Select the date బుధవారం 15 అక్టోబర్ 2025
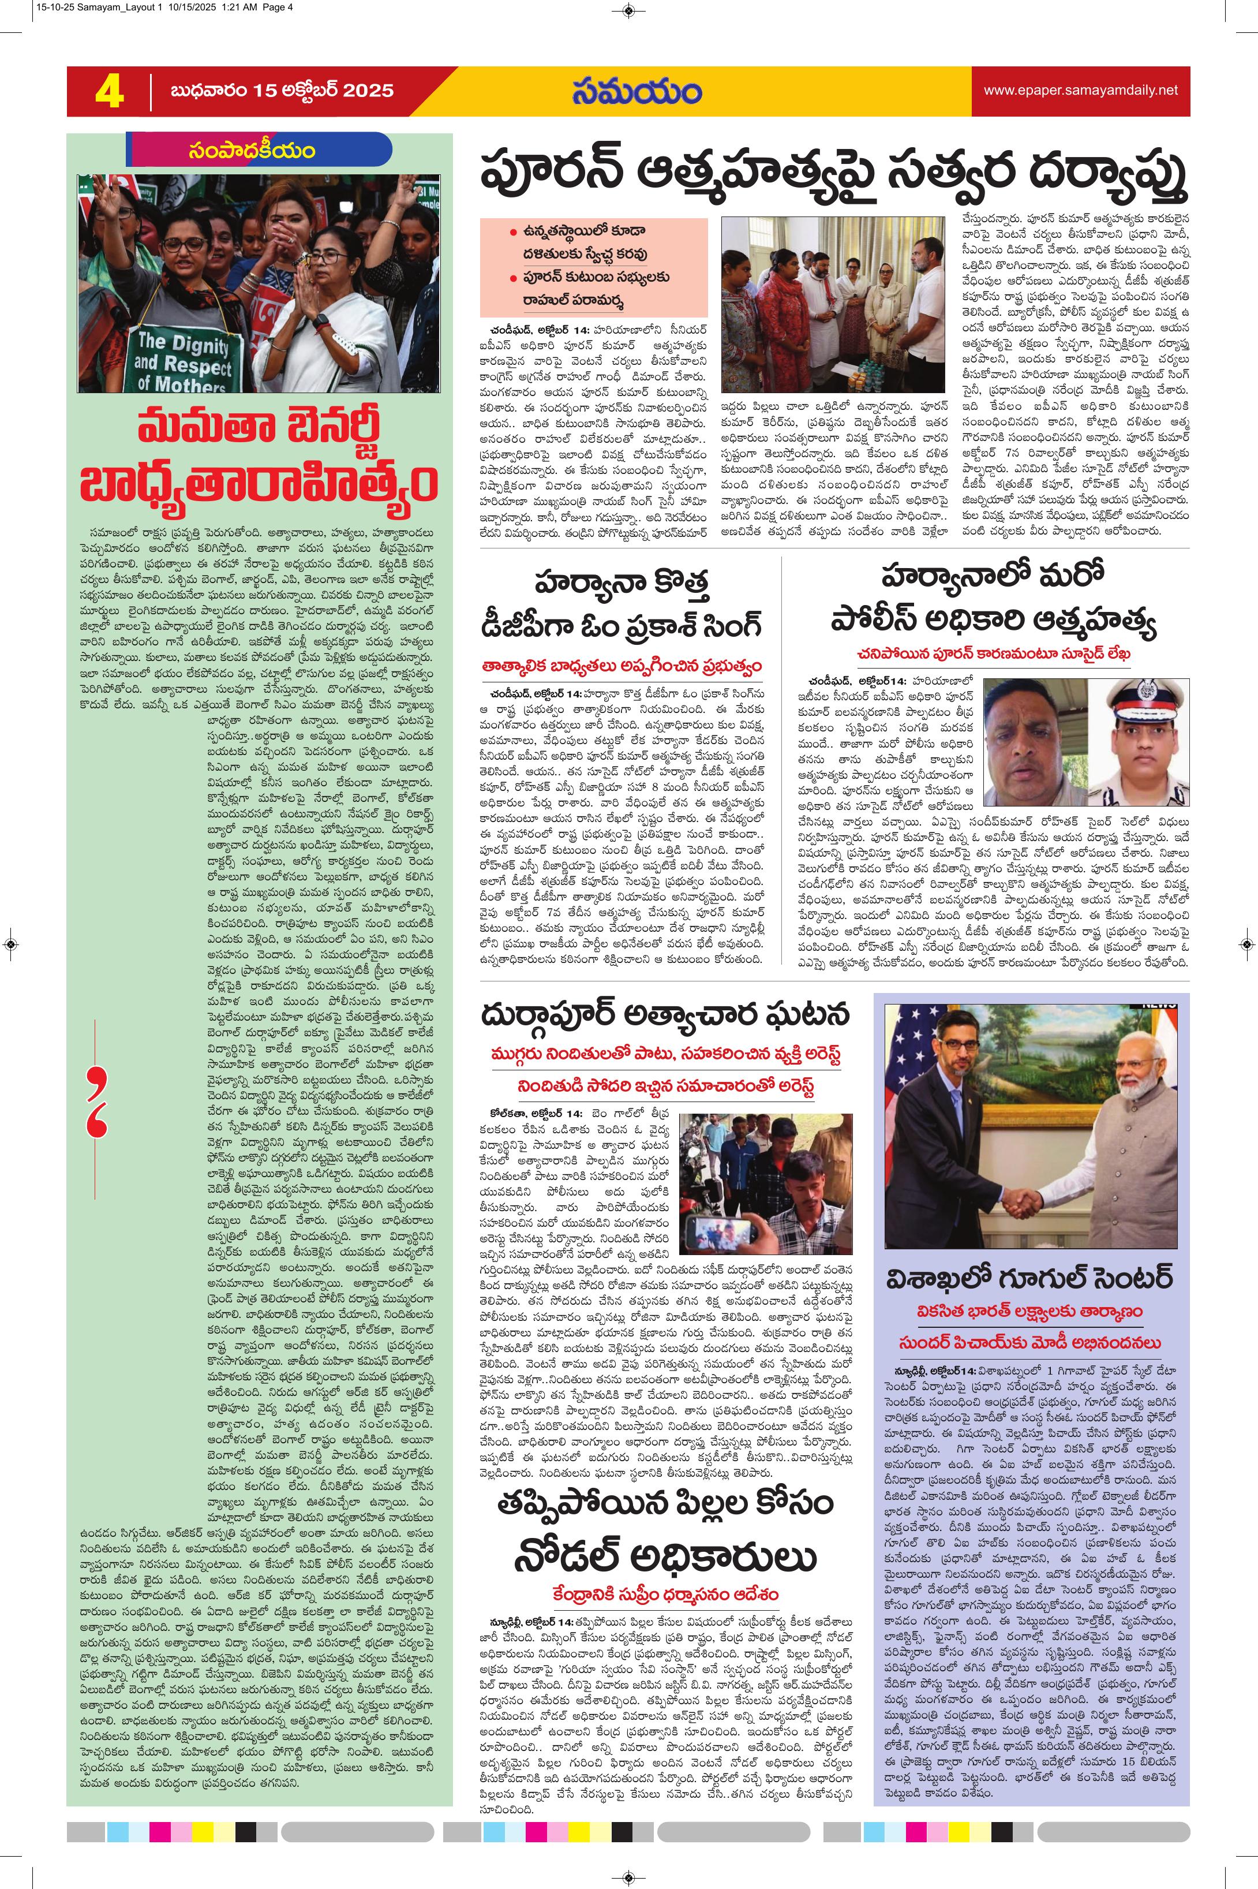(x=282, y=91)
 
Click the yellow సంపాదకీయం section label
(x=252, y=150)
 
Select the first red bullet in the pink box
(x=512, y=232)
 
